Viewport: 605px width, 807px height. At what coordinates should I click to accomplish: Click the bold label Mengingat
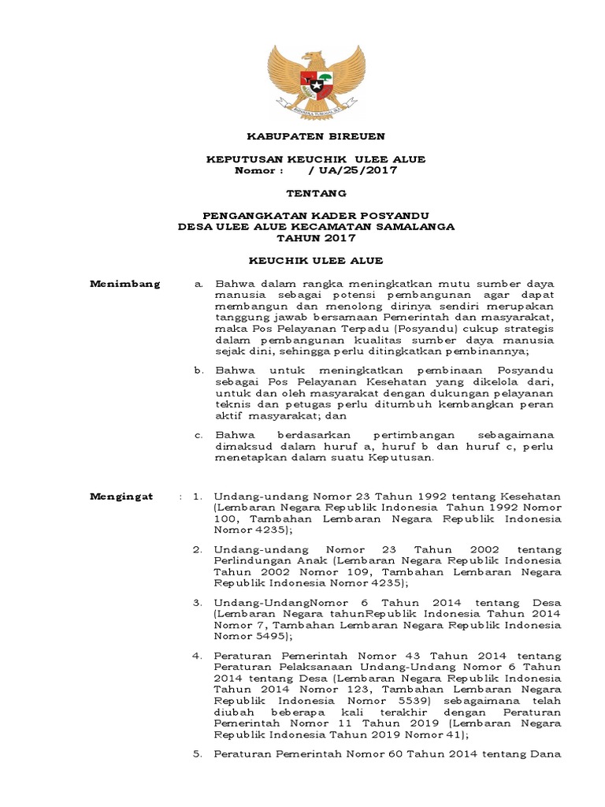[123, 496]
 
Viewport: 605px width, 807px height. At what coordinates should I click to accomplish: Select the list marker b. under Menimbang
[199, 370]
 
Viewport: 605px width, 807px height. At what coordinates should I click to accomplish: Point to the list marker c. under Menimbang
[199, 435]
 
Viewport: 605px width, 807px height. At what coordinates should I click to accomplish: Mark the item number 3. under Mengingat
[198, 603]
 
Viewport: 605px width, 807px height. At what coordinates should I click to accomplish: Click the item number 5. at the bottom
[198, 754]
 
